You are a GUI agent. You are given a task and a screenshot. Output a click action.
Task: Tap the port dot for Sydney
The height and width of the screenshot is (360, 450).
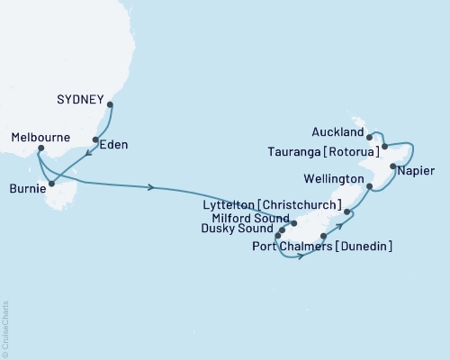111,105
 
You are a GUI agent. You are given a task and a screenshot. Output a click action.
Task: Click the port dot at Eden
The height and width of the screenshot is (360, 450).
95,139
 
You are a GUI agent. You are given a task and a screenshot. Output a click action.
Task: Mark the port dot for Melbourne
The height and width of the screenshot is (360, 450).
40,149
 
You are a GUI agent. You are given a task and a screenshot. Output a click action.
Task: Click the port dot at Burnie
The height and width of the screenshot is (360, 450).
52,185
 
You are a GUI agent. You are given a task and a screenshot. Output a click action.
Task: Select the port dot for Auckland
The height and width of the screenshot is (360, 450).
370,137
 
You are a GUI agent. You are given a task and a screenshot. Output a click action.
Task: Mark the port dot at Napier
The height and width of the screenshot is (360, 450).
393,166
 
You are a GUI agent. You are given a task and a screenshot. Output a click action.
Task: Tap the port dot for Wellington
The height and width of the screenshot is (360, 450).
371,186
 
